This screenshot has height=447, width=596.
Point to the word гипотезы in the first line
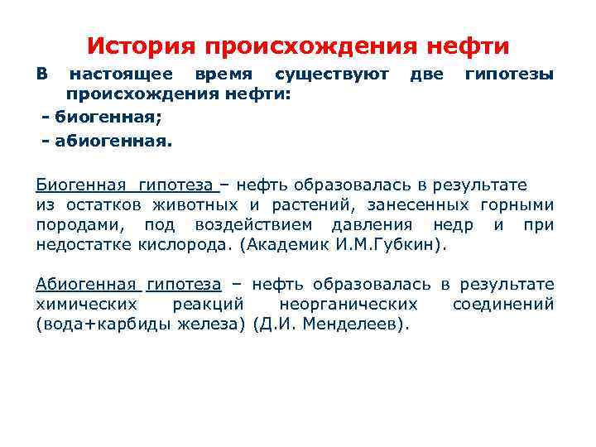tap(509, 75)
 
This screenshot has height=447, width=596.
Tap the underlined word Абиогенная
tap(86, 285)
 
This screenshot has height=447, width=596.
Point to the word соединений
tap(503, 305)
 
